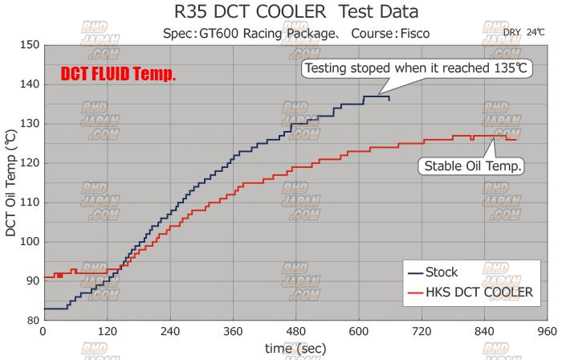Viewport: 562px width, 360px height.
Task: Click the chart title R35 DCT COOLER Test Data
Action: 281,13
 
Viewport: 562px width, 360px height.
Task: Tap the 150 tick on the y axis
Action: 30,45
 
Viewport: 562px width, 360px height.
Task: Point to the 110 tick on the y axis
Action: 30,202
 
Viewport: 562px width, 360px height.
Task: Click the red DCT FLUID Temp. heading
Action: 118,75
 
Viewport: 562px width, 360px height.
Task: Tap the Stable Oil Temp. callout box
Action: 471,166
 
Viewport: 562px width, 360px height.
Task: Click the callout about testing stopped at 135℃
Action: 416,68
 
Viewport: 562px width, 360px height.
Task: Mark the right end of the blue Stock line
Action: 389,100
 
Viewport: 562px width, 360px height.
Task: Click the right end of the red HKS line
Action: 515,140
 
